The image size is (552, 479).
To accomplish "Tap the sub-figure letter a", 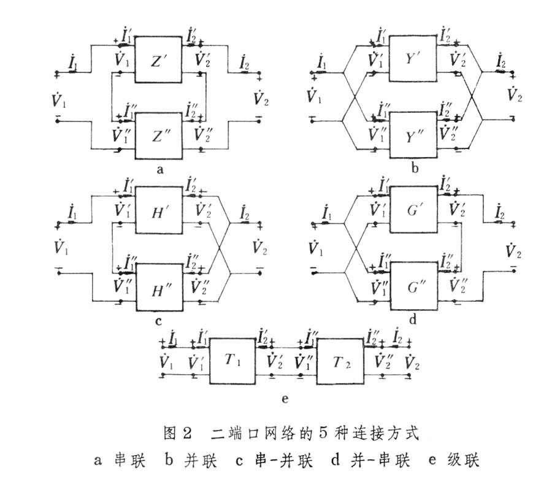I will [159, 170].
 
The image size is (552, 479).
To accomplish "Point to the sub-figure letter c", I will [159, 320].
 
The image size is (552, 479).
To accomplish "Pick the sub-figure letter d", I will [412, 320].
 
